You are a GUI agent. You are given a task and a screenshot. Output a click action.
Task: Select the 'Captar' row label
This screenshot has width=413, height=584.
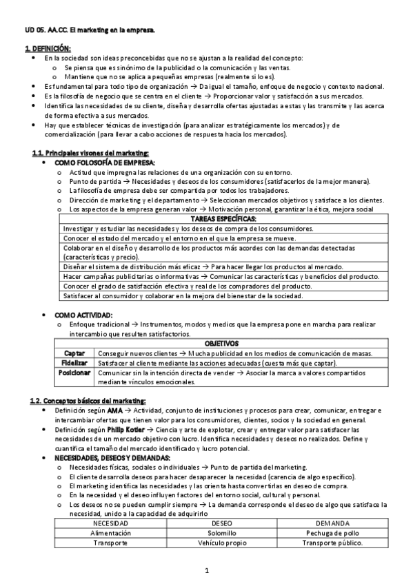[74, 353]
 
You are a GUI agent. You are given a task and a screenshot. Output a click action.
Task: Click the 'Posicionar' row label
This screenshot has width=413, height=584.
[74, 373]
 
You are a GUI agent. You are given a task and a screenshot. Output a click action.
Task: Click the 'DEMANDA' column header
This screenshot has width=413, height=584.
[333, 523]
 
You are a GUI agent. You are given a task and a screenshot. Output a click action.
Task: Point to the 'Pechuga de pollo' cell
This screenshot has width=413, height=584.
[333, 533]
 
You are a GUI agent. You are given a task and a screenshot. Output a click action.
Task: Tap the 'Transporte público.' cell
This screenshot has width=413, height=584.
[333, 543]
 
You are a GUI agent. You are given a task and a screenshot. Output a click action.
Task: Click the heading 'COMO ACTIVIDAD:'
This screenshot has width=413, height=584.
[83, 315]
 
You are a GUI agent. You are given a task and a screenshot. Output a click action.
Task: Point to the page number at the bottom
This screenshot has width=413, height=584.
[207, 570]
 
